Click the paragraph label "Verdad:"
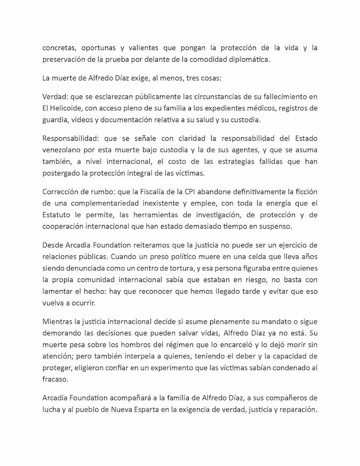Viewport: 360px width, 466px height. (55, 97)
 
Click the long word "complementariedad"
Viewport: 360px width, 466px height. (109, 203)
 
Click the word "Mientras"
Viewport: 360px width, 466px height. (58, 320)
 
